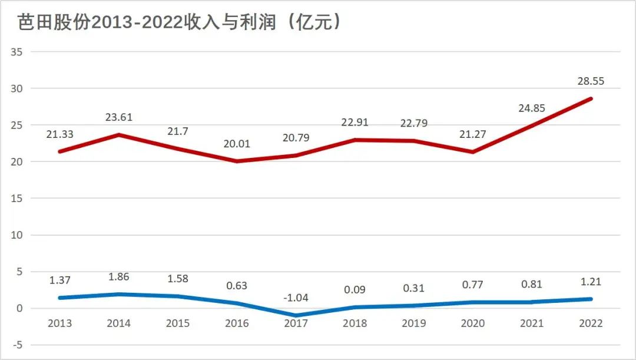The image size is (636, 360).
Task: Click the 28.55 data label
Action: pyautogui.click(x=591, y=81)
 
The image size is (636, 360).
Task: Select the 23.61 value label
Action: pyautogui.click(x=118, y=117)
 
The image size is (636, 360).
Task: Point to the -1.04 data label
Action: pyautogui.click(x=296, y=298)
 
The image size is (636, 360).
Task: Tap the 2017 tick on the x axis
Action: pyautogui.click(x=296, y=323)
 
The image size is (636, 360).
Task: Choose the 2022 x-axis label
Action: pyautogui.click(x=591, y=323)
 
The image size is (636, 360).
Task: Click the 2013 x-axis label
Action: pyautogui.click(x=59, y=323)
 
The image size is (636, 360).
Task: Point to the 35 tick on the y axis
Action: pyautogui.click(x=16, y=52)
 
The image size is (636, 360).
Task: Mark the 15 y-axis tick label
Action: pyautogui.click(x=16, y=199)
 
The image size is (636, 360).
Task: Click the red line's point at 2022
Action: pyautogui.click(x=591, y=99)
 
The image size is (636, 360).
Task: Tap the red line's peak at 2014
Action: pyautogui.click(x=118, y=135)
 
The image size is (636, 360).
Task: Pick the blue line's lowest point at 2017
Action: pyautogui.click(x=296, y=316)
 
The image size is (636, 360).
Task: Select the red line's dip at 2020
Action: pyautogui.click(x=473, y=152)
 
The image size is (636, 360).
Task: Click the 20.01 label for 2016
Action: pyautogui.click(x=237, y=143)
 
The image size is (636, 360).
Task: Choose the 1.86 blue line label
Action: pyautogui.click(x=118, y=276)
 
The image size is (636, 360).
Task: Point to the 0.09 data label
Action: pyautogui.click(x=355, y=289)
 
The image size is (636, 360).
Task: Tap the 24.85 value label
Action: pyautogui.click(x=532, y=108)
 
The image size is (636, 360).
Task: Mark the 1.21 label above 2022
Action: pyautogui.click(x=591, y=282)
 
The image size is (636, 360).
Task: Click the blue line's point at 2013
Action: pyautogui.click(x=59, y=298)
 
